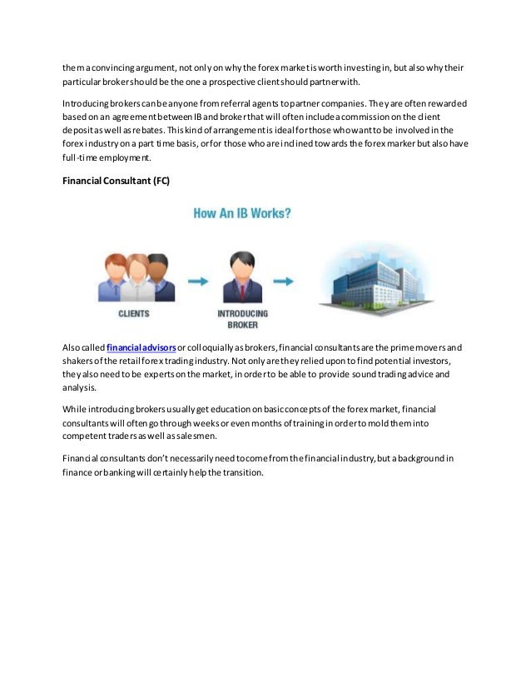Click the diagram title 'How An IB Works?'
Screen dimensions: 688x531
click(x=242, y=213)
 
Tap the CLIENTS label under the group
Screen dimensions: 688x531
click(x=133, y=314)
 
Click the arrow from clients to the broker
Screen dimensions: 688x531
click(x=197, y=282)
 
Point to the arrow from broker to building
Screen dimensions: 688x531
click(x=284, y=282)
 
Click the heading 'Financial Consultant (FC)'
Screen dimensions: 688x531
click(x=116, y=181)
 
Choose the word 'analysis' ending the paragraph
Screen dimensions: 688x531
click(x=79, y=387)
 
